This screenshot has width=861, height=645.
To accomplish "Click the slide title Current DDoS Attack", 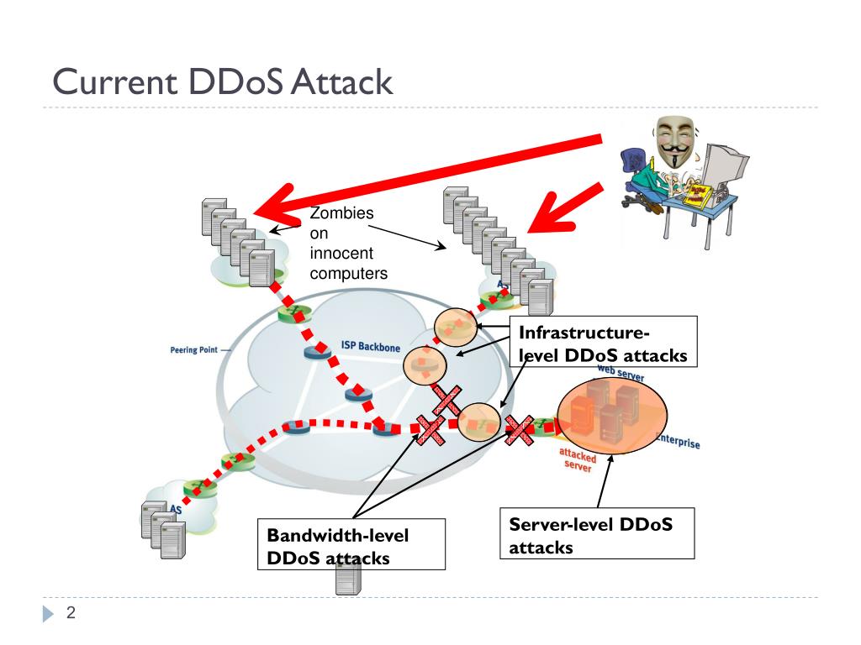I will point(223,83).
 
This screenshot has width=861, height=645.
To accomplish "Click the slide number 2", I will point(71,614).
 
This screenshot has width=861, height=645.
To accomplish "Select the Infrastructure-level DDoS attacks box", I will point(603,342).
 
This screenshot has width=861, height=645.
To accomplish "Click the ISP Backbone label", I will point(370,345).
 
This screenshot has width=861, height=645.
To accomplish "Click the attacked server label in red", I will point(578,459).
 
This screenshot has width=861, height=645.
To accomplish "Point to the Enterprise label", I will point(677,443).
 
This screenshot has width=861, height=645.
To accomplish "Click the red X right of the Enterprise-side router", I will point(520,431).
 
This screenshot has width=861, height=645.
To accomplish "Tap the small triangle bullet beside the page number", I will point(48,615).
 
